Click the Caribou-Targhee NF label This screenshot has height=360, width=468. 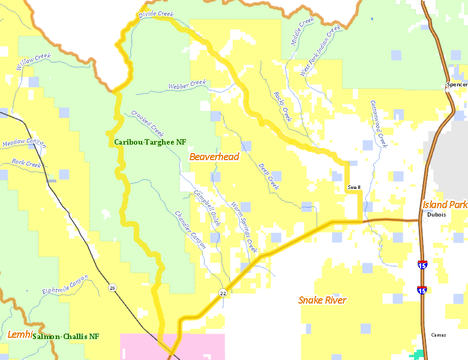(150, 143)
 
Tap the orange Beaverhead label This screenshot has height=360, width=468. (214, 157)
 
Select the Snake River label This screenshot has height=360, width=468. (322, 300)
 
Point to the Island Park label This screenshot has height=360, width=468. (444, 205)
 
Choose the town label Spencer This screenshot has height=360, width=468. (457, 85)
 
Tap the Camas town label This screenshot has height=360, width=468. (439, 335)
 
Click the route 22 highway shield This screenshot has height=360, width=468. (223, 293)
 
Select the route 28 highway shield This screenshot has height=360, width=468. (112, 289)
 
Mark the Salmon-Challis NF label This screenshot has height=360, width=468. (66, 337)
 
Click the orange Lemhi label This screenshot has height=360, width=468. (19, 334)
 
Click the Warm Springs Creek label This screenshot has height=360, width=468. (244, 227)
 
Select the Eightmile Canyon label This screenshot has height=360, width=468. (65, 284)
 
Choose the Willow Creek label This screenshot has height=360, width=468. (34, 62)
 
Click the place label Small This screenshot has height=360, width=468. (354, 188)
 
